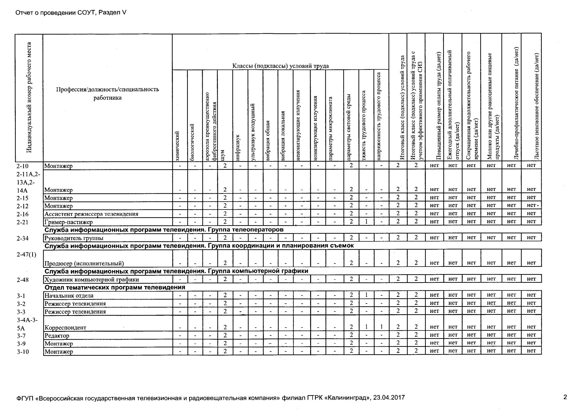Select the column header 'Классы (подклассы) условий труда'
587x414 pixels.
tap(280, 66)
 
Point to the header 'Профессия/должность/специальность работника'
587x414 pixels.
tap(107, 94)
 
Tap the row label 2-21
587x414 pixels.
tap(22, 222)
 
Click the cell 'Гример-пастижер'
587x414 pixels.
tap(69, 222)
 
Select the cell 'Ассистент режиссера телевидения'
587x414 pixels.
tap(91, 214)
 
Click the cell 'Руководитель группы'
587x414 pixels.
tap(74, 238)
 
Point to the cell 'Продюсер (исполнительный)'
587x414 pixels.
tap(84, 263)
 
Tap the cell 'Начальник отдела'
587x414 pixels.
tap(69, 296)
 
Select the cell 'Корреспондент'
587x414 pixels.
tap(66, 328)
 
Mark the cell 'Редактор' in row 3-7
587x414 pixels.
tap(57, 335)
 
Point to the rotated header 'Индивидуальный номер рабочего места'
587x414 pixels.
tap(29, 97)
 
